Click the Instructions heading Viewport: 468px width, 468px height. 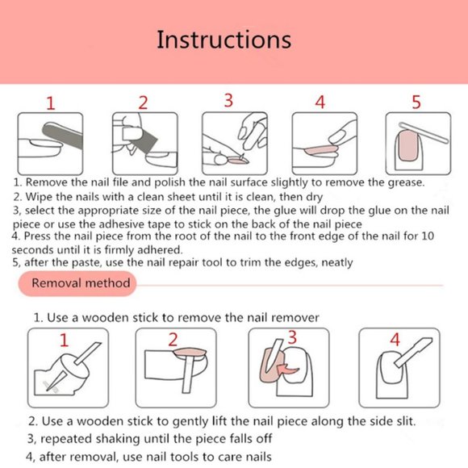point(224,40)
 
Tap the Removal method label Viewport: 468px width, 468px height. point(81,283)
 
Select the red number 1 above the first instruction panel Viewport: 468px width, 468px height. point(51,103)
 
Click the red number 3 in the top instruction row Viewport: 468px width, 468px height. point(228,100)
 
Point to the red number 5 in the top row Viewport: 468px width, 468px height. point(416,102)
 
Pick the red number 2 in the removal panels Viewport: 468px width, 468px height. point(173,340)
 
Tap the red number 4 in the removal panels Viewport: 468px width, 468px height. point(395,340)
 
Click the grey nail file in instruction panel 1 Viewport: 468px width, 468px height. point(63,136)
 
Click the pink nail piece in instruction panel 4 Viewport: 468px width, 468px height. point(321,150)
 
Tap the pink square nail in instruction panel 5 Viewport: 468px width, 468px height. point(407,146)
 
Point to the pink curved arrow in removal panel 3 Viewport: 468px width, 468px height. point(287,370)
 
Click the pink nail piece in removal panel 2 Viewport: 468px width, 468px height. point(190,353)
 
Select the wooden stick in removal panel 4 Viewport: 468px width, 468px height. point(413,352)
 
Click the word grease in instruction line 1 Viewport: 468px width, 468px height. point(406,182)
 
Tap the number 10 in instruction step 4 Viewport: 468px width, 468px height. point(428,236)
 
